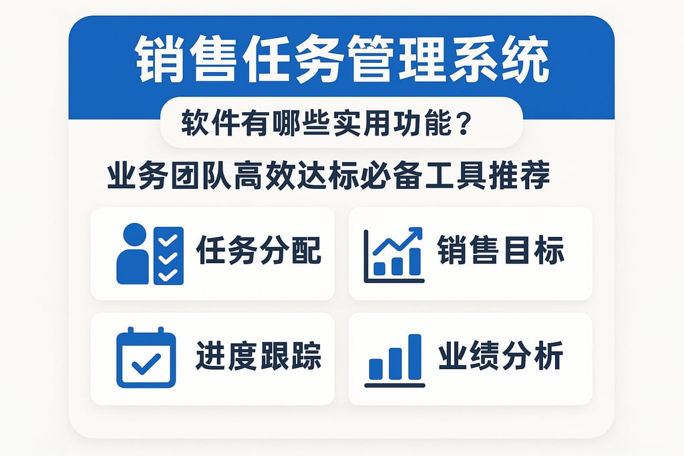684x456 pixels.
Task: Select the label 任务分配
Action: [x=259, y=252]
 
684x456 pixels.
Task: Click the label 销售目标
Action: [x=501, y=252]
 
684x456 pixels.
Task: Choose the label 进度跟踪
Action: [x=259, y=357]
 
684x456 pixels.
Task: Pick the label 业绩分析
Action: [x=501, y=357]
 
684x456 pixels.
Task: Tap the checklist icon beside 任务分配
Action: [x=168, y=256]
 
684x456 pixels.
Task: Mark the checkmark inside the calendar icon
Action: [x=146, y=364]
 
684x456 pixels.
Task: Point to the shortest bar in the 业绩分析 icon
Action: [x=376, y=369]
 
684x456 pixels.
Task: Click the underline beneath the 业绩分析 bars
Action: [x=395, y=385]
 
